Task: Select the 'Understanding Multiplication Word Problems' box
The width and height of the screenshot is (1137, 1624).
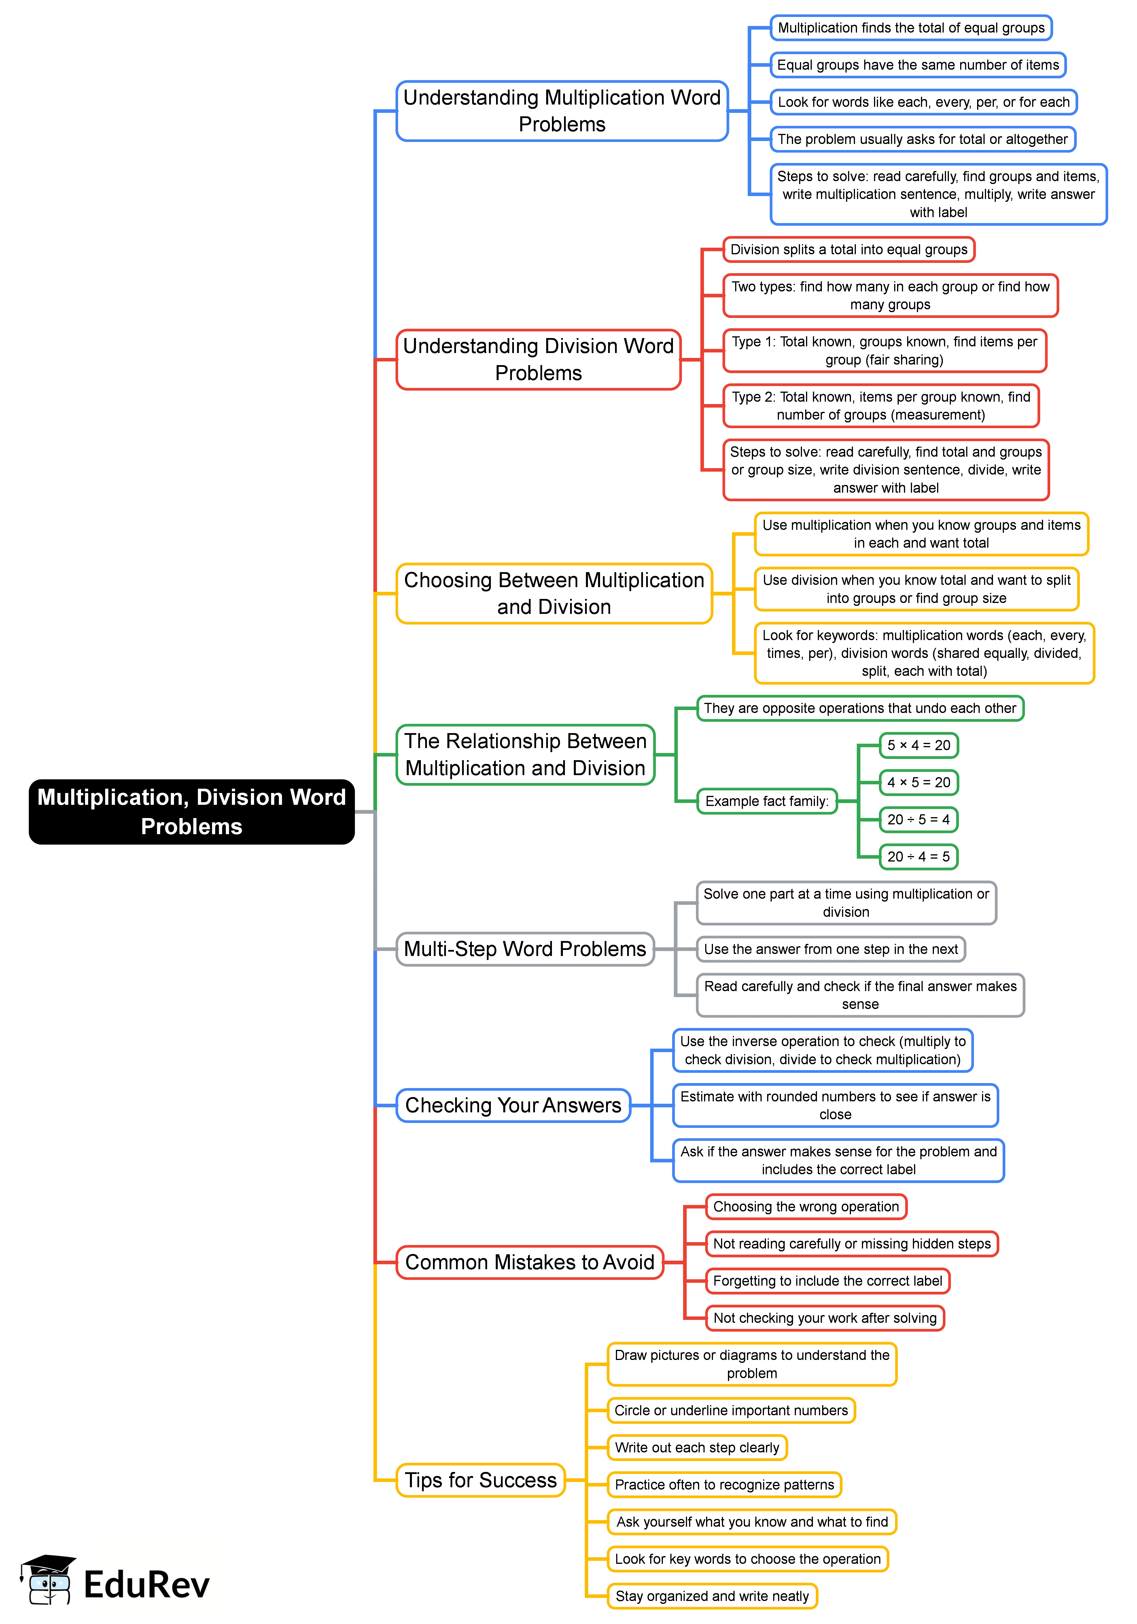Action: (x=562, y=111)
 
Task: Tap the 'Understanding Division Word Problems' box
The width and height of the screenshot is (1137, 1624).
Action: (x=538, y=359)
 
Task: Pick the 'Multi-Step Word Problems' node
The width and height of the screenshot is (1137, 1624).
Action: (x=525, y=948)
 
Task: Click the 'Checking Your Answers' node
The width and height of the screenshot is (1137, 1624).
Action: (x=513, y=1105)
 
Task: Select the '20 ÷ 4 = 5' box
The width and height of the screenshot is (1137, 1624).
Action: (x=918, y=857)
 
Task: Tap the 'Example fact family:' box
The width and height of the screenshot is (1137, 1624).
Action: (x=767, y=801)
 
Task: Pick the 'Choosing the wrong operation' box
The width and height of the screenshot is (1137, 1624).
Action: (x=806, y=1207)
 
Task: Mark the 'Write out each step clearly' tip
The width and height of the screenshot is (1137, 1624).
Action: (x=697, y=1447)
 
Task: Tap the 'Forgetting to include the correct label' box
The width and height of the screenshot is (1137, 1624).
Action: (x=827, y=1281)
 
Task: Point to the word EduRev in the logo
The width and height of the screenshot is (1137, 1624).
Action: (x=146, y=1584)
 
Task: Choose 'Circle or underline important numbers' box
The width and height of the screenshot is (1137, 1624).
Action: (x=731, y=1410)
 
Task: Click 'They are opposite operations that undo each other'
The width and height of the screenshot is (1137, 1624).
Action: (x=860, y=708)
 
